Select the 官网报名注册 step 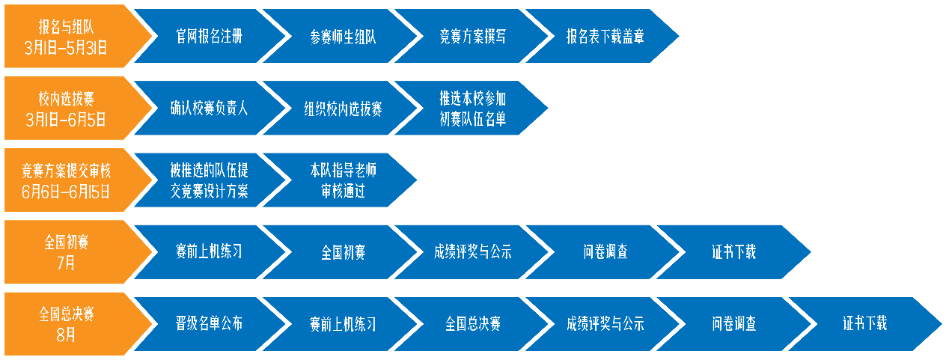click(209, 35)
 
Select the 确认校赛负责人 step click(209, 108)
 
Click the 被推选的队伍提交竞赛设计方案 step click(209, 180)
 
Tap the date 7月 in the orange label click(66, 263)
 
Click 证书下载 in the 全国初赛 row click(734, 252)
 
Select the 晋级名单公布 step click(209, 324)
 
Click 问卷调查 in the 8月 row click(734, 324)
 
